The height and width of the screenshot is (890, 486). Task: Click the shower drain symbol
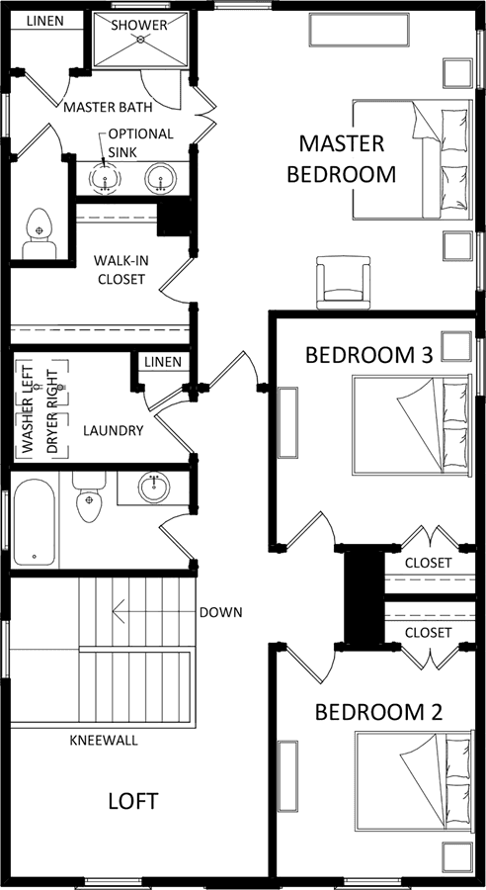[140, 40]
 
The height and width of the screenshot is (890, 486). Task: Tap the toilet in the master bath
[39, 233]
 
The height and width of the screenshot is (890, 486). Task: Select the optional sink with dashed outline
[105, 178]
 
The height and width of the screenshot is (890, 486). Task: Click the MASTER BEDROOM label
[342, 158]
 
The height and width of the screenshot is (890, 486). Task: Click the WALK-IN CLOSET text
[120, 270]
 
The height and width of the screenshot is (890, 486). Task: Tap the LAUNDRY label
[113, 431]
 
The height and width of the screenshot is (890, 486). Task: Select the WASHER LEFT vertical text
[28, 408]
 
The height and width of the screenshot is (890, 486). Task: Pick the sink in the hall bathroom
[154, 487]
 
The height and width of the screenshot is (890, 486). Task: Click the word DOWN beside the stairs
[220, 612]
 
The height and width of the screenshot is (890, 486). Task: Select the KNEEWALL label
[104, 741]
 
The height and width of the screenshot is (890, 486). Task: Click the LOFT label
[133, 801]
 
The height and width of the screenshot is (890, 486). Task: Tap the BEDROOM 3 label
[369, 355]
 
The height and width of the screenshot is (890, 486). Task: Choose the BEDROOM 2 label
[378, 712]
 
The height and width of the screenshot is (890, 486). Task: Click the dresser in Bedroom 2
[287, 776]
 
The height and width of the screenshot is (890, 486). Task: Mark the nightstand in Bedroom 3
[456, 346]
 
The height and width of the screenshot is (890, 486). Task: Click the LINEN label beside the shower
[45, 21]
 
